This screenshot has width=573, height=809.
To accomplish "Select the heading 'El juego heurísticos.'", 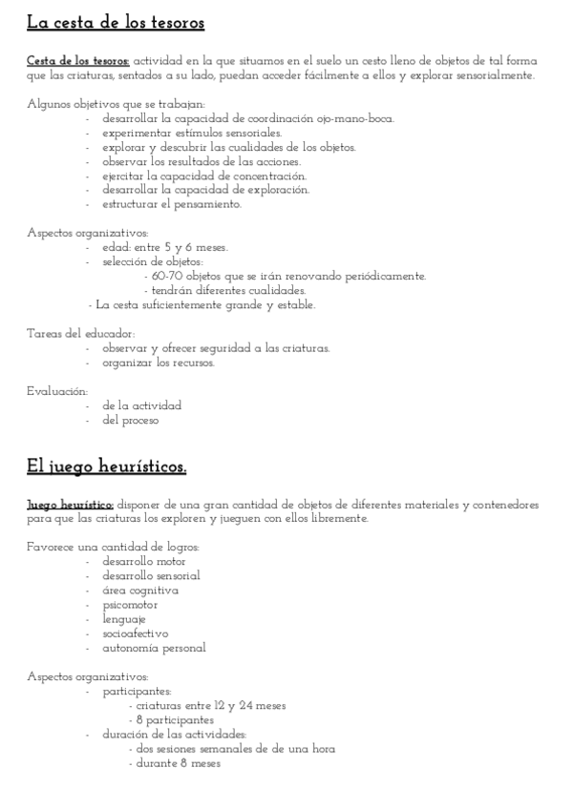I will pyautogui.click(x=106, y=467).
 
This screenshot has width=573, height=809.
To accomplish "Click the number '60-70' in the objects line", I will pyautogui.click(x=166, y=276).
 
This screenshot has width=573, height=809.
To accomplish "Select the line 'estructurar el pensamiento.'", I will pyautogui.click(x=172, y=204).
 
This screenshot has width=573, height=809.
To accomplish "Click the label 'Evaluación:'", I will pyautogui.click(x=57, y=391).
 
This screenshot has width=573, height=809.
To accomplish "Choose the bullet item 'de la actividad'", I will pyautogui.click(x=141, y=405).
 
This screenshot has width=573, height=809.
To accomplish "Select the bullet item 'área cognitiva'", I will pyautogui.click(x=140, y=591).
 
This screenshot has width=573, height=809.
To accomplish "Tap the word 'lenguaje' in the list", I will pyautogui.click(x=124, y=619).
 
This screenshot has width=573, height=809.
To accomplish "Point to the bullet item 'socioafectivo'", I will pyautogui.click(x=136, y=633).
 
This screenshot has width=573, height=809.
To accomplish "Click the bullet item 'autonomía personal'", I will pyautogui.click(x=154, y=648).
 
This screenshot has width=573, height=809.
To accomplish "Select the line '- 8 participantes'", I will pyautogui.click(x=171, y=720).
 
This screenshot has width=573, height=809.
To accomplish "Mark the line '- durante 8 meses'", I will pyautogui.click(x=174, y=763).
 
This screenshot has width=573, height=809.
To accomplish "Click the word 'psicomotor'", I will pyautogui.click(x=130, y=605).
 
